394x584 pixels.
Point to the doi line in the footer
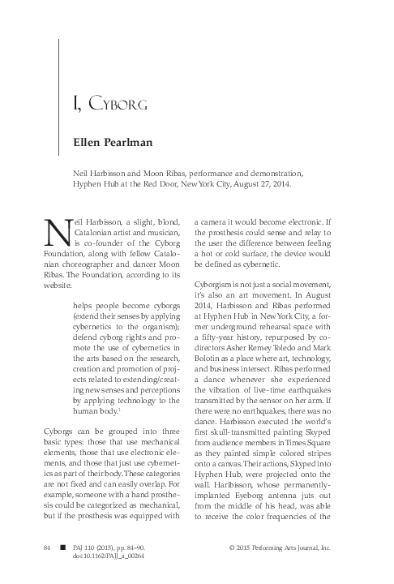(109, 559)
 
